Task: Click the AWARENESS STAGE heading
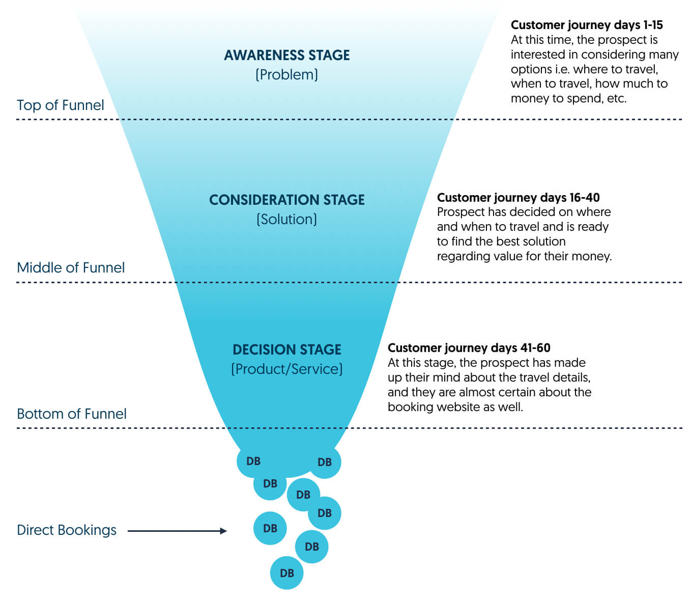click(x=286, y=55)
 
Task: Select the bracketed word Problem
click(x=286, y=75)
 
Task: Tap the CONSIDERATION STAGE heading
click(x=286, y=200)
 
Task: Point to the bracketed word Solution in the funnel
click(x=286, y=220)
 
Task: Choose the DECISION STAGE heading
click(x=286, y=349)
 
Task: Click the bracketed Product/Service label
click(x=286, y=369)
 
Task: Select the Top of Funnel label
click(x=60, y=105)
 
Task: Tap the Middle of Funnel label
click(x=70, y=267)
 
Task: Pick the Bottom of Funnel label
click(x=71, y=414)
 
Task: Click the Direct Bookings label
click(x=66, y=530)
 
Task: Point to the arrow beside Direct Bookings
click(x=177, y=531)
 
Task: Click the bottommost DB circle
click(x=286, y=573)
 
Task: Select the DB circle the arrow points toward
click(x=270, y=528)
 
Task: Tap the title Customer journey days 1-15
click(x=586, y=25)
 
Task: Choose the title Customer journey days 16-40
click(x=518, y=198)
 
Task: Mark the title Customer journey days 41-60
click(x=469, y=348)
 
